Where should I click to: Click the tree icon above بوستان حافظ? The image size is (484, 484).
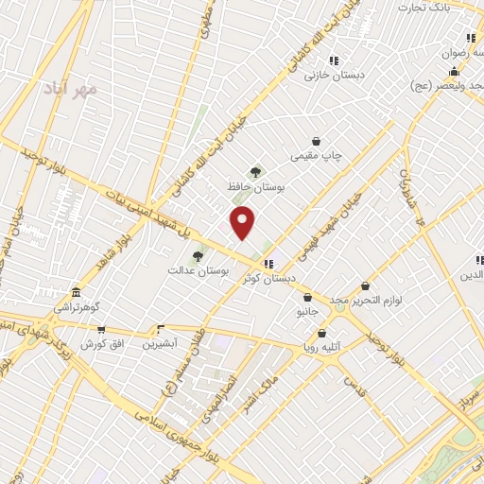pyautogui.click(x=255, y=172)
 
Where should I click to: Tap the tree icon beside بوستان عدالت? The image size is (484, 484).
pyautogui.click(x=198, y=255)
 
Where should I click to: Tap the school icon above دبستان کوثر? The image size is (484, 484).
pyautogui.click(x=269, y=263)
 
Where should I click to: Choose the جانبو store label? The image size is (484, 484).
pyautogui.click(x=308, y=311)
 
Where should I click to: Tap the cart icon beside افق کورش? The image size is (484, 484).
pyautogui.click(x=101, y=330)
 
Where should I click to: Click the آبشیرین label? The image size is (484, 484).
pyautogui.click(x=159, y=344)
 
